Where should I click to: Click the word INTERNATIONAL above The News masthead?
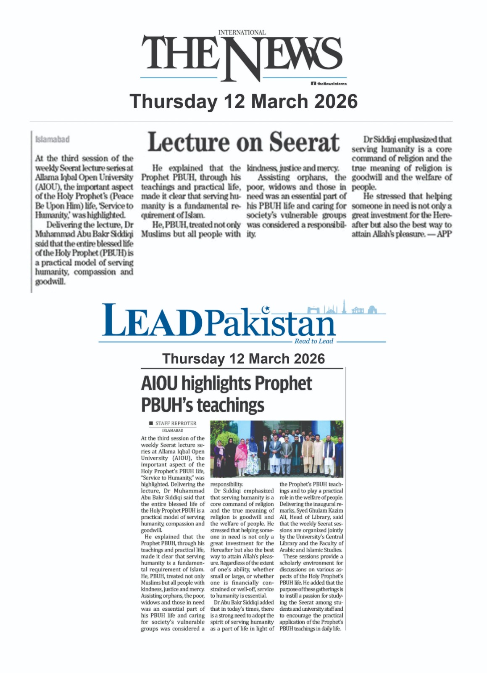pos(242,32)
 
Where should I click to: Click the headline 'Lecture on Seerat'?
pos(243,142)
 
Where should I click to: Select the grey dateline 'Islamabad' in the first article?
pos(53,139)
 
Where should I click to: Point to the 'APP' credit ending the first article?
pos(444,234)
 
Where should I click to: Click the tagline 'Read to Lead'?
pos(313,341)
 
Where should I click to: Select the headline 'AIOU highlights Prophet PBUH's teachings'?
pos(226,394)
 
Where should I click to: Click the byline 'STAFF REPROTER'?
pos(176,423)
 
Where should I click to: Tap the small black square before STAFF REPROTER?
pos(151,423)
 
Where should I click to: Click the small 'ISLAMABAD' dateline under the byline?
pos(172,431)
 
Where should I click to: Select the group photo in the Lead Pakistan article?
pos(277,449)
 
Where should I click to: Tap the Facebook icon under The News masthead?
pos(313,84)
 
